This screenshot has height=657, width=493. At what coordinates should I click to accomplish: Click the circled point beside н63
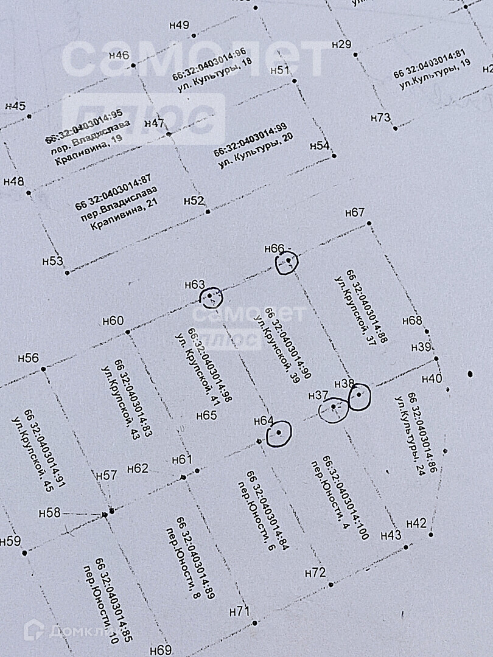click(x=211, y=297)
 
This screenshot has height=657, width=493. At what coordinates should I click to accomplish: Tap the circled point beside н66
click(x=287, y=262)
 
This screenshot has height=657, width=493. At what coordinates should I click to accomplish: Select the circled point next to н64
click(x=279, y=433)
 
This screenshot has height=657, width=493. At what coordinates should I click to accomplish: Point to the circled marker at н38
click(x=359, y=397)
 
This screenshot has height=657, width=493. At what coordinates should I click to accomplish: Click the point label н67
click(x=354, y=213)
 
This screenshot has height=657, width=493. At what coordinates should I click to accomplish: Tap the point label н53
click(x=52, y=261)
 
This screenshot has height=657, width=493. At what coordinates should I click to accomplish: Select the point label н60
click(x=113, y=321)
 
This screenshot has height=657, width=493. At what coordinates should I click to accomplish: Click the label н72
click(x=315, y=573)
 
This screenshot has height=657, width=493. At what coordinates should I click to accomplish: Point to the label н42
click(x=416, y=523)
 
